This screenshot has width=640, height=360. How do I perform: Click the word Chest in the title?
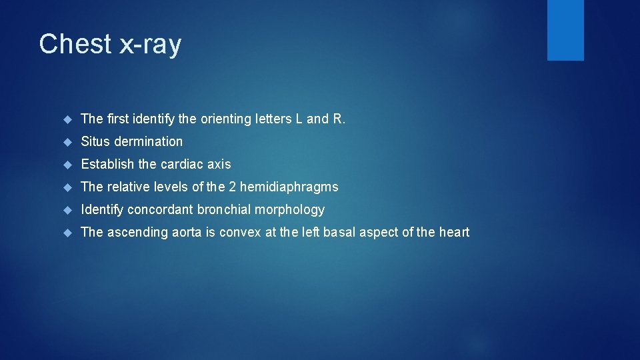coord(75,45)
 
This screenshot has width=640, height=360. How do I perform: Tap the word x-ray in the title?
coord(150,45)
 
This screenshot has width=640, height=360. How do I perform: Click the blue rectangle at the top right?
coord(565,30)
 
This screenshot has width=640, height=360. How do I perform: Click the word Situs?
coord(95,141)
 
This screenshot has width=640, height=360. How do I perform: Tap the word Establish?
coord(107,164)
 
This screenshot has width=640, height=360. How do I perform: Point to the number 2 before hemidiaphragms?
coord(233,187)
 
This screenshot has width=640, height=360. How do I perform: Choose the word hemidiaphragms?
coord(289,187)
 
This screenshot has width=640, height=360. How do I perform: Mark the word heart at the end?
coord(454,232)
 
